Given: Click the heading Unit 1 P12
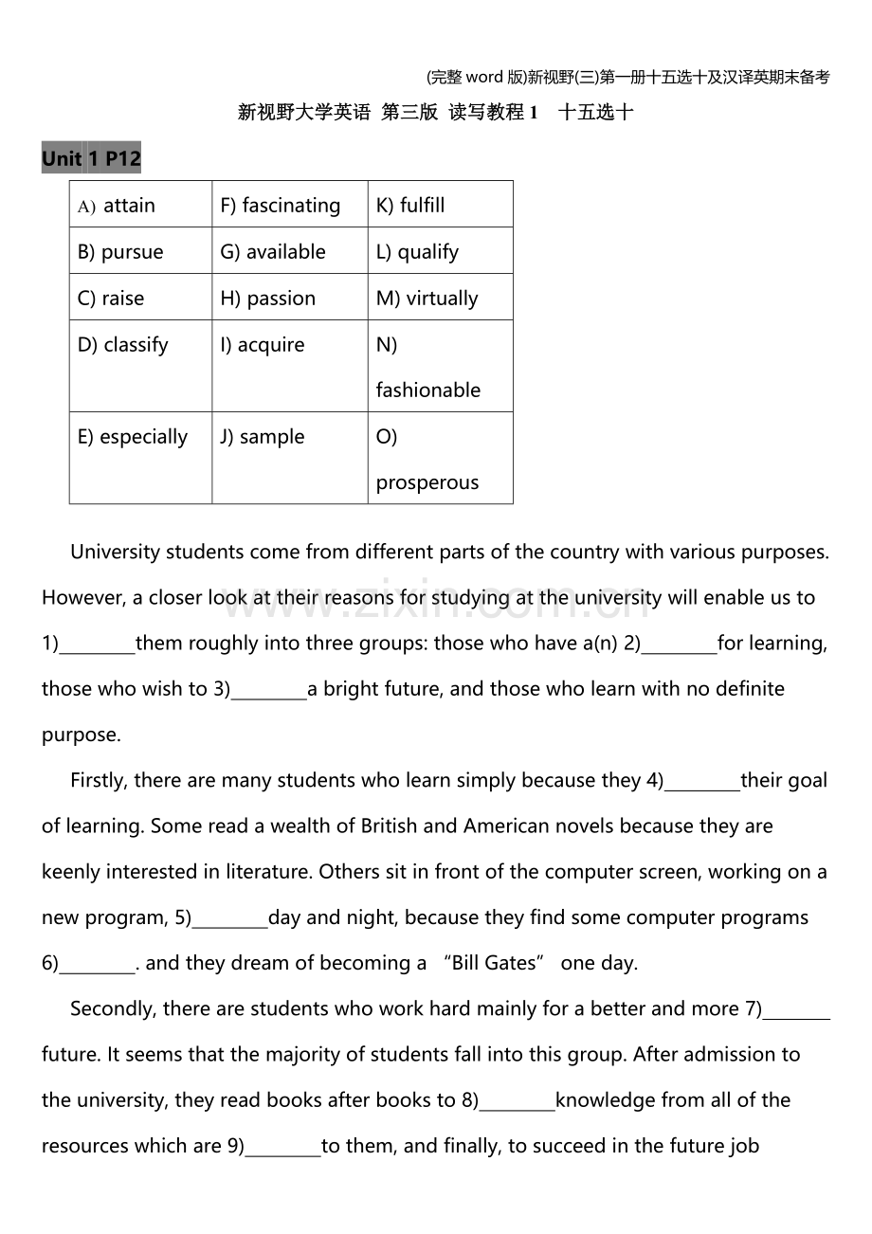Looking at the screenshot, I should pos(91,159).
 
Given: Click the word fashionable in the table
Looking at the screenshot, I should pos(427,390).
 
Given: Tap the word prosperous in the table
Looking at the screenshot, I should pos(427,482).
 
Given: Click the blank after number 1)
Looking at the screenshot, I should pos(97,644).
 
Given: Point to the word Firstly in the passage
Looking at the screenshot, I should pos(98,781).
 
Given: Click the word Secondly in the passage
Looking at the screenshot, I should pos(112,1009).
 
